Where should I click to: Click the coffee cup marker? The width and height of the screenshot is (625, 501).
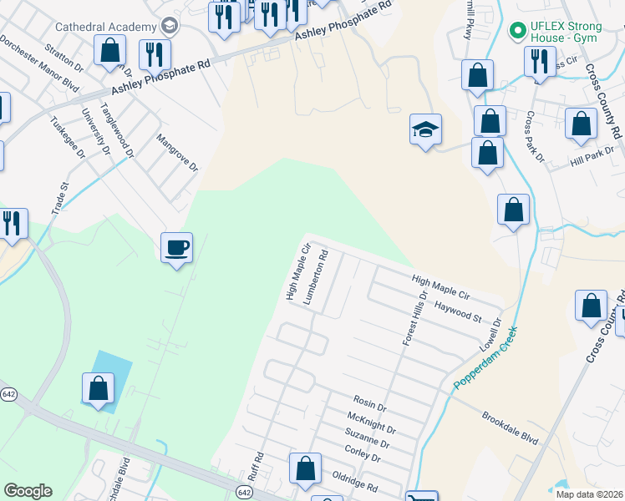176,248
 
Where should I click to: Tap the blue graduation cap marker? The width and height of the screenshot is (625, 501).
425,129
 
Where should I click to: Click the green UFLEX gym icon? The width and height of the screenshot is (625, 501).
517,31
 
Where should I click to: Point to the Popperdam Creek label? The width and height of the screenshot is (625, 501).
485,357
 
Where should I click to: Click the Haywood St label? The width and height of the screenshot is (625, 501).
458,312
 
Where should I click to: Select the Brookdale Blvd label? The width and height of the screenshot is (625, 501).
510,428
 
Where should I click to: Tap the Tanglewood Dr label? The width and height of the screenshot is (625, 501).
117,129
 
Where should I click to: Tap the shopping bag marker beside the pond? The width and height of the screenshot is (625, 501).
98,388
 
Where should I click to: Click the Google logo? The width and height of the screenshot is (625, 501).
28,491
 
